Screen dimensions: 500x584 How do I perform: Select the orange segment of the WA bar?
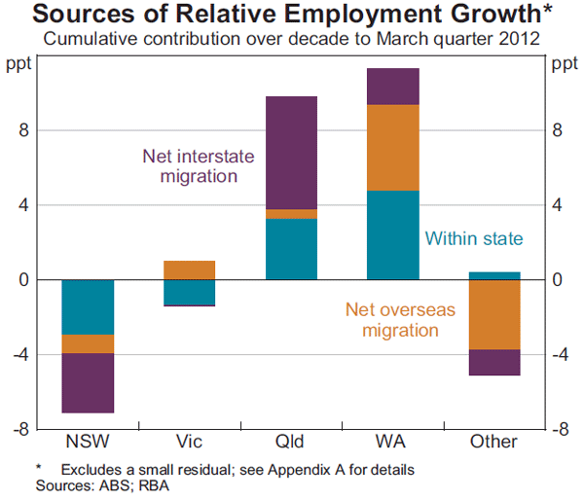tap(392, 147)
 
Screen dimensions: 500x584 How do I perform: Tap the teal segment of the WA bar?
tap(392, 234)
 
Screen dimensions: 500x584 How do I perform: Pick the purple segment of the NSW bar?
tap(88, 382)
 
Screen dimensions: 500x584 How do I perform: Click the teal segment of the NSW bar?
tap(88, 306)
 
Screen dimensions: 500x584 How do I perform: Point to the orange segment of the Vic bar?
tap(189, 269)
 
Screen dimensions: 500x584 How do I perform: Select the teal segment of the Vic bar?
tap(189, 292)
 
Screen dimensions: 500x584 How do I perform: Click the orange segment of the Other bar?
tap(493, 314)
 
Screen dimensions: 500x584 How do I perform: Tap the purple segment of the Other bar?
tap(493, 362)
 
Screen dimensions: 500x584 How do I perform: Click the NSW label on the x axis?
tap(88, 442)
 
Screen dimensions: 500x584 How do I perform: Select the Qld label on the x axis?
tap(291, 442)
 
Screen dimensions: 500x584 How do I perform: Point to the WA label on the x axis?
tap(392, 442)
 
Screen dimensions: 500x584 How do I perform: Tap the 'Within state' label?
tap(474, 238)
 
